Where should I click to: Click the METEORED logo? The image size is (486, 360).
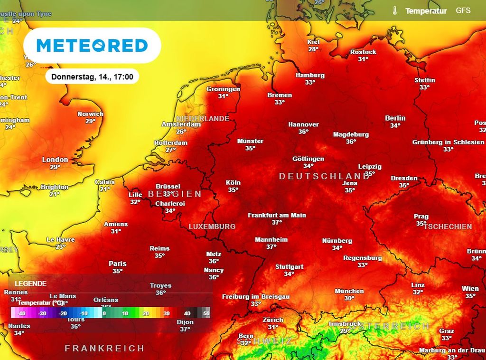(x=92, y=46)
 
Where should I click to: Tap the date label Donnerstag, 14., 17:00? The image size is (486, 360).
(x=92, y=76)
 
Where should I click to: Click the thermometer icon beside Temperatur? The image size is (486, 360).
(x=394, y=10)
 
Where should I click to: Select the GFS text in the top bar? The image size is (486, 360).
(x=463, y=10)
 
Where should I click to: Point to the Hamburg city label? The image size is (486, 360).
(x=310, y=75)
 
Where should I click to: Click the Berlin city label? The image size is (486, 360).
(x=395, y=118)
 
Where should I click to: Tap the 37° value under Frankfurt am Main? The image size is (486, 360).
(x=277, y=222)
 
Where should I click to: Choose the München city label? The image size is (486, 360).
(x=349, y=291)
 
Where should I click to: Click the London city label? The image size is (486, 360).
(x=55, y=160)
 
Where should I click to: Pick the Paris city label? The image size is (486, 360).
(x=117, y=264)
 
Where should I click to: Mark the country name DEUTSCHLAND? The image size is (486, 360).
(x=324, y=176)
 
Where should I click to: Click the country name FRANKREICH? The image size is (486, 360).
(x=104, y=348)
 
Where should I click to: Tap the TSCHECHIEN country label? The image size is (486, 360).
(x=448, y=227)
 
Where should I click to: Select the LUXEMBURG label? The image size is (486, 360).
(x=212, y=227)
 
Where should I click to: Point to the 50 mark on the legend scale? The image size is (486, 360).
(x=206, y=313)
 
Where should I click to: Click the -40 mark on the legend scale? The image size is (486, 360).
(x=21, y=313)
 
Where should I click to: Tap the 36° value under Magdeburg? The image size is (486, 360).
(x=351, y=142)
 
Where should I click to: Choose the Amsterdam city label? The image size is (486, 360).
(x=181, y=124)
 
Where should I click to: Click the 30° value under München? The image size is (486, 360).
(x=349, y=298)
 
